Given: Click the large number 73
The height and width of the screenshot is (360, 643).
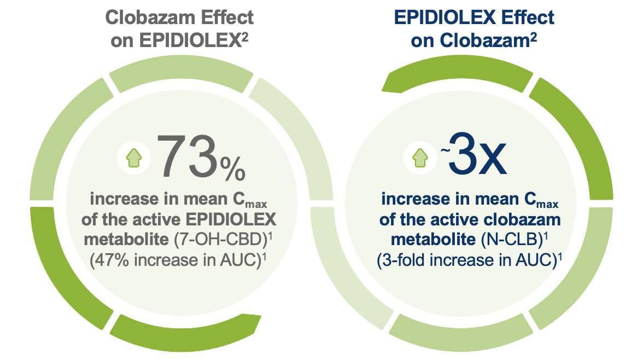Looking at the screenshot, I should tap(187, 158).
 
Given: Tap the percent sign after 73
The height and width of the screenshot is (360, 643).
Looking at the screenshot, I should tap(232, 168).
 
